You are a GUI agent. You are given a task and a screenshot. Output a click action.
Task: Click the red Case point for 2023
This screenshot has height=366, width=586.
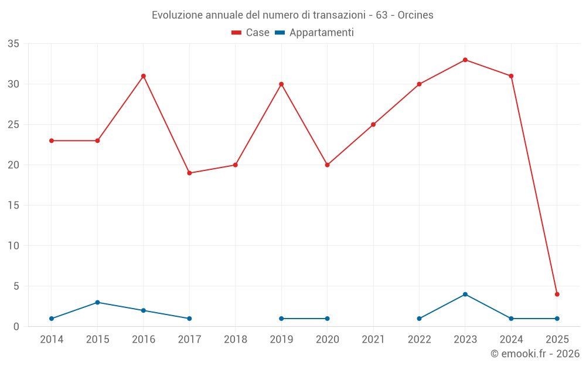point(465,60)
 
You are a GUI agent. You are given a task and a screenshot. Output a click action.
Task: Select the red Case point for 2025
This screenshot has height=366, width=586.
point(557,294)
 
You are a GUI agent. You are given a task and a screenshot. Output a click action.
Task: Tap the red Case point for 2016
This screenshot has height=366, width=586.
point(144,76)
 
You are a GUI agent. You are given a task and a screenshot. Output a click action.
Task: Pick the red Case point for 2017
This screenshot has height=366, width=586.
point(189,173)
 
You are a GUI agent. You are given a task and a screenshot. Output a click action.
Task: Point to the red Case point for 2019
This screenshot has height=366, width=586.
point(281,84)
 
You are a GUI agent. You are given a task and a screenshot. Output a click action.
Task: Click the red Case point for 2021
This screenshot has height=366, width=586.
point(373,124)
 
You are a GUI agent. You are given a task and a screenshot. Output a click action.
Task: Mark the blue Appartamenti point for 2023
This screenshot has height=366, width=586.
point(465,294)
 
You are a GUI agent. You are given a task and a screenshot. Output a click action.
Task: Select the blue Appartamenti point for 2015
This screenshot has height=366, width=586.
point(97,302)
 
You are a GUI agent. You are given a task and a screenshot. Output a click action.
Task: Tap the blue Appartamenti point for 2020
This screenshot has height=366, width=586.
point(327,319)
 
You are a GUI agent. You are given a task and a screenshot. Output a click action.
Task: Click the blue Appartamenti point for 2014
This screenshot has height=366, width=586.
point(52,319)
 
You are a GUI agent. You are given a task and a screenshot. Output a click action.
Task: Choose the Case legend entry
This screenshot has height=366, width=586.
point(251,33)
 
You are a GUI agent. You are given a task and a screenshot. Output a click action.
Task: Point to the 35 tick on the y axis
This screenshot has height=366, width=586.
point(13,44)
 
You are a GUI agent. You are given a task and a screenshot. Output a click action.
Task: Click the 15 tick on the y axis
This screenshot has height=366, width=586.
point(13,206)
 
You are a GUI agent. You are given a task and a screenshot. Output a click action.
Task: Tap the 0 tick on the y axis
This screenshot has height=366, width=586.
point(16,327)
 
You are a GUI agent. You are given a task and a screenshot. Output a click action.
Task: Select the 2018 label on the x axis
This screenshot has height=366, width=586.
point(236,340)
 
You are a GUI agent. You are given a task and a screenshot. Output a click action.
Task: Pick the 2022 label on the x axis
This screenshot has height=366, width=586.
point(420,340)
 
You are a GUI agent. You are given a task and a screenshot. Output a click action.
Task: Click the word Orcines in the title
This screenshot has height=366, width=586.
point(415,15)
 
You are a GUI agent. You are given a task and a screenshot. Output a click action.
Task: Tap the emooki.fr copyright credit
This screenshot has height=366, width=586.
point(534,354)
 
